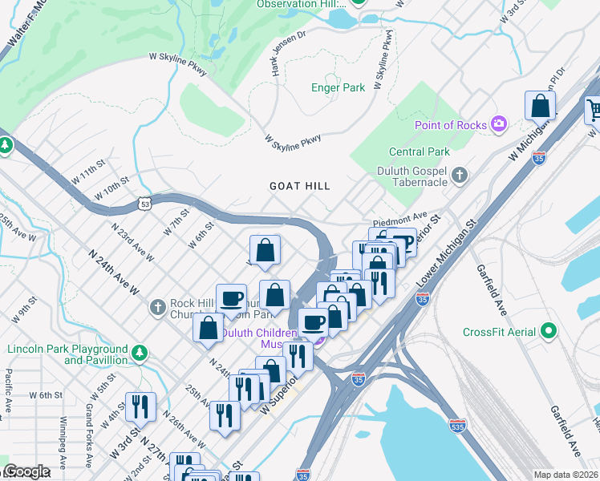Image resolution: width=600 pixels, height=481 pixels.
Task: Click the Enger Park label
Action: pyautogui.click(x=338, y=87)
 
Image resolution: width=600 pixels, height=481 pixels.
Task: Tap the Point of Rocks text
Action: pyautogui.click(x=450, y=125)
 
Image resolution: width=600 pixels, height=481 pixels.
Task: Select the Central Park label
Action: pyautogui.click(x=419, y=152)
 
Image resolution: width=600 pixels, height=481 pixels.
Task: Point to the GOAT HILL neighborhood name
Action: pyautogui.click(x=299, y=186)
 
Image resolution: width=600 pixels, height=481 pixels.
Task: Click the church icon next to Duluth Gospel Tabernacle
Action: pyautogui.click(x=460, y=174)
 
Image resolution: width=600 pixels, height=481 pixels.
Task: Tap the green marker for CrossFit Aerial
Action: pyautogui.click(x=549, y=330)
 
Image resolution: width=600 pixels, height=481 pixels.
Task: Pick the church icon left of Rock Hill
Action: pyautogui.click(x=157, y=306)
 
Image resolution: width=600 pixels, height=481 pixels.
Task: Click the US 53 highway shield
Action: pyautogui.click(x=143, y=205)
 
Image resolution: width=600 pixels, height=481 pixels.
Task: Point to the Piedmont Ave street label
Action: pyautogui.click(x=399, y=218)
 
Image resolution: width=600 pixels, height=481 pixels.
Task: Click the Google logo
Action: pyautogui.click(x=26, y=471)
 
